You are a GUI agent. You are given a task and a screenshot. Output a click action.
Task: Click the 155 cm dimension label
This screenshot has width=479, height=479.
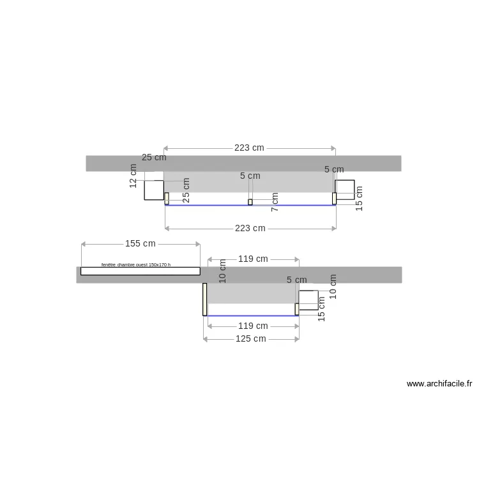coord(140,243)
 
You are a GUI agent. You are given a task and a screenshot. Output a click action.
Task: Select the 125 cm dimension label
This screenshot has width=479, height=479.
coord(250,338)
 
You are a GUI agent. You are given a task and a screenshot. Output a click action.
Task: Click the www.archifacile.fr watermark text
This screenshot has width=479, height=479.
coord(439,384)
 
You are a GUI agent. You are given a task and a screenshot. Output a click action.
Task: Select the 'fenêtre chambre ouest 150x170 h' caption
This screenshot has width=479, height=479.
coord(140,264)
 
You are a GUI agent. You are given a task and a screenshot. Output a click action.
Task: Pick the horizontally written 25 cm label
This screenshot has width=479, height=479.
coord(154,157)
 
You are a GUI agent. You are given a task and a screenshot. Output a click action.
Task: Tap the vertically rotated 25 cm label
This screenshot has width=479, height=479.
coord(186,190)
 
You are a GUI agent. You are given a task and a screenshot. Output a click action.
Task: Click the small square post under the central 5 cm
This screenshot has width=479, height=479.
coord(250,202)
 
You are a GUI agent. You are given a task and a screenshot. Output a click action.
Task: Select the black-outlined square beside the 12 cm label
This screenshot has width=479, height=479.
coord(154,190)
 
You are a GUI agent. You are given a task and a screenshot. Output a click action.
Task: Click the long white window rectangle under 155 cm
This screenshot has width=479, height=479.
coord(140,271)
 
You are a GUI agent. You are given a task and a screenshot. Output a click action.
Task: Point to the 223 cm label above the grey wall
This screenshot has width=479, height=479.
coord(249,148)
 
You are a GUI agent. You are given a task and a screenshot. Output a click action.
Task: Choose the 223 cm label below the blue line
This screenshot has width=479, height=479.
coord(250,228)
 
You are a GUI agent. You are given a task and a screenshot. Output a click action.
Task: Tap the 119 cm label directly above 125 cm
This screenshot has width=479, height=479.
coord(253,326)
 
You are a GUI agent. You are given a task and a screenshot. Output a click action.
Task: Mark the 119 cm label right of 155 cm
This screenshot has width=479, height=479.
coord(253,259)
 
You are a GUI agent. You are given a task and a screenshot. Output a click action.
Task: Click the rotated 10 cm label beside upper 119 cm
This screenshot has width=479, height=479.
coord(223,271)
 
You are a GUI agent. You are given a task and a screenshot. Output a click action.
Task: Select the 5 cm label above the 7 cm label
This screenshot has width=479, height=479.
coord(250,176)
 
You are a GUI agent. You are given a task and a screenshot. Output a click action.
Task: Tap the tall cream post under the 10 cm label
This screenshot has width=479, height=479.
coord(204,300)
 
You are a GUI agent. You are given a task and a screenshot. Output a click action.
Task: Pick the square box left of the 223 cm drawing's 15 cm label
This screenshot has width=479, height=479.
coord(345,190)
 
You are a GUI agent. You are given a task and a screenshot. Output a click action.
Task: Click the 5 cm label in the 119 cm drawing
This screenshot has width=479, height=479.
coord(296,280)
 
